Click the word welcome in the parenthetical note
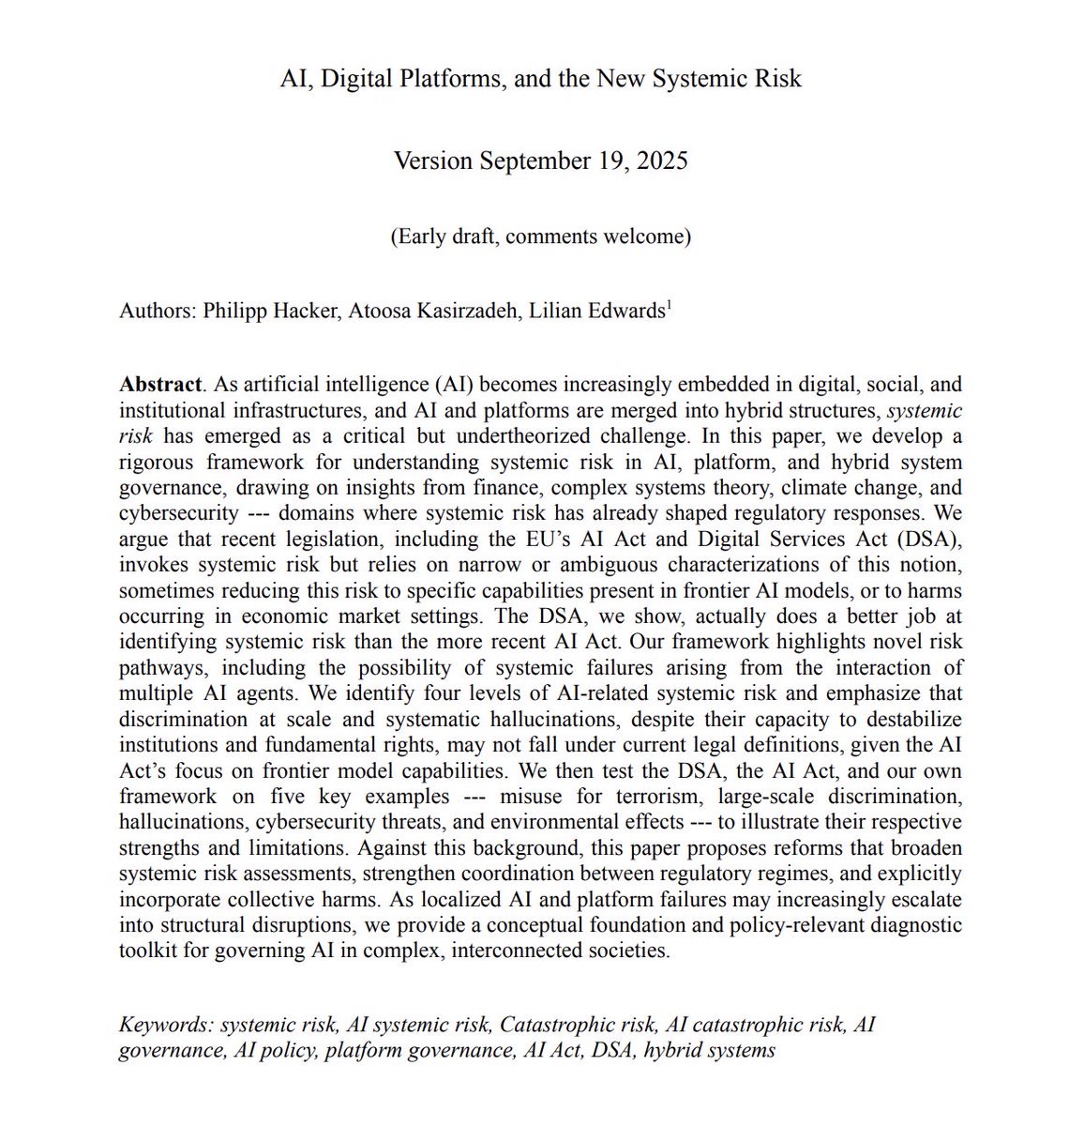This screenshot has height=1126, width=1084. [645, 236]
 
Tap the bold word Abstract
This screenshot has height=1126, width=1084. [160, 385]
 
